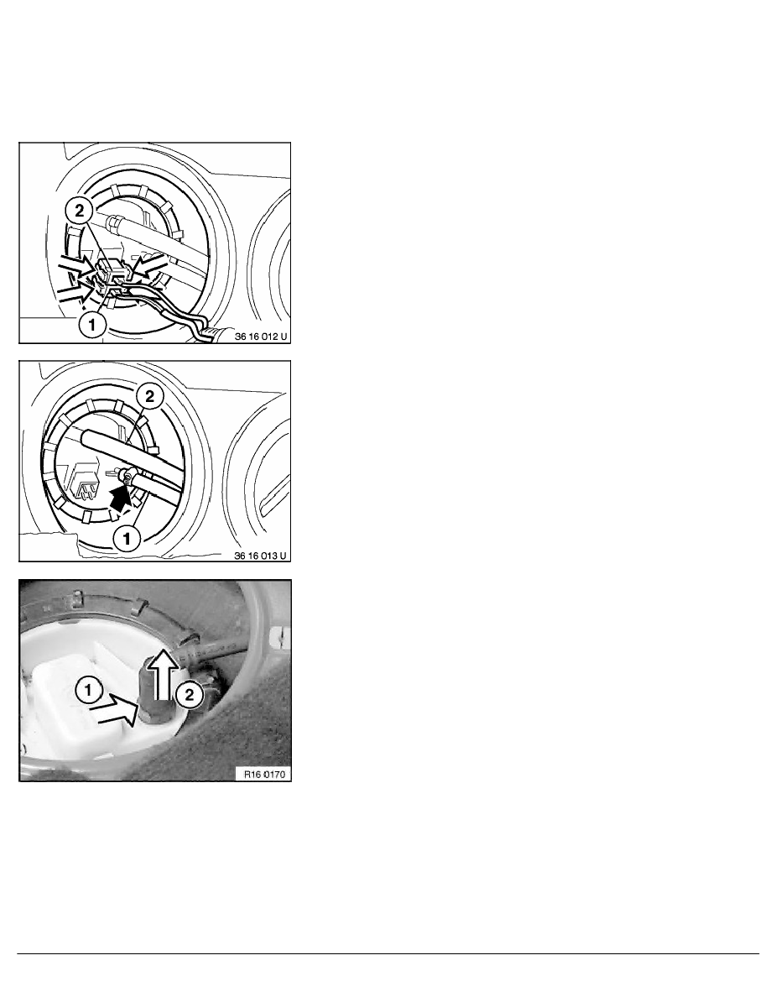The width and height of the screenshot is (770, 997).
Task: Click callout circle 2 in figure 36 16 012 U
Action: click(80, 211)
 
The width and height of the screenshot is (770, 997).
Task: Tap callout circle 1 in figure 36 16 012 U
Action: click(92, 325)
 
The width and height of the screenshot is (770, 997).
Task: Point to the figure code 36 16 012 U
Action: click(261, 336)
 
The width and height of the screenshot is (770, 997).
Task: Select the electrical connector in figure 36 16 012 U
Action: click(112, 274)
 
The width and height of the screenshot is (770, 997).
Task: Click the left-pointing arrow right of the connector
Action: click(148, 266)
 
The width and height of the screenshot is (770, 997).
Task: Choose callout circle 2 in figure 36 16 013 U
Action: click(150, 397)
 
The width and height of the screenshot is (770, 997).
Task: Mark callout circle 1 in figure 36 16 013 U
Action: click(127, 539)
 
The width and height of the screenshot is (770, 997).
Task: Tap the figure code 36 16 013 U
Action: click(261, 556)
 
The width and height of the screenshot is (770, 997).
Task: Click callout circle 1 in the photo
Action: click(88, 689)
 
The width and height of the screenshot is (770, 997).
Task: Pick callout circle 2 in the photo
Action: click(190, 694)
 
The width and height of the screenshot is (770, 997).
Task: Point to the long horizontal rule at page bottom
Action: click(388, 953)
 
